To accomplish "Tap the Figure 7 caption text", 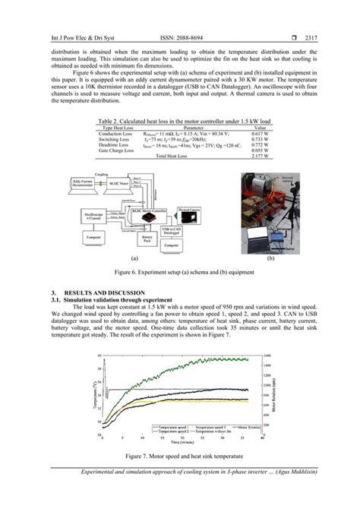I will point(179,456).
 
